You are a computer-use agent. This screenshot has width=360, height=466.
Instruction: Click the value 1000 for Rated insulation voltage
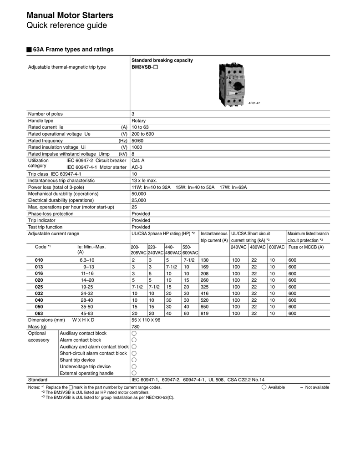[137, 147]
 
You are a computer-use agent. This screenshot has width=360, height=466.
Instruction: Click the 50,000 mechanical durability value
[139, 194]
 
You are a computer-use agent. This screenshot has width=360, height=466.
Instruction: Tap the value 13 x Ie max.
[144, 181]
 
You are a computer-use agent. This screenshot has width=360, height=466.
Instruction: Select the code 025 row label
[39, 287]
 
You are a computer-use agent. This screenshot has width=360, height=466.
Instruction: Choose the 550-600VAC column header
[190, 250]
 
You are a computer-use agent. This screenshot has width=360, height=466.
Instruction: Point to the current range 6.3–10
[87, 260]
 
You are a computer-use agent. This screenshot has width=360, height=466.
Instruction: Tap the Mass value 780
[135, 327]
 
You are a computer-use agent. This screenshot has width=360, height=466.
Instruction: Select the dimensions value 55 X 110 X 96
[146, 320]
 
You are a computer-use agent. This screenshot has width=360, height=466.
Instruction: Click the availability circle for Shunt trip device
[134, 360]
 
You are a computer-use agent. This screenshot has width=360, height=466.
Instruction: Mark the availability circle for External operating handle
[134, 373]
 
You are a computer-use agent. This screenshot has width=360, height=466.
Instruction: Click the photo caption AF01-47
[254, 103]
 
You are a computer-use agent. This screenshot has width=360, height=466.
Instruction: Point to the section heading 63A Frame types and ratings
[73, 49]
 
